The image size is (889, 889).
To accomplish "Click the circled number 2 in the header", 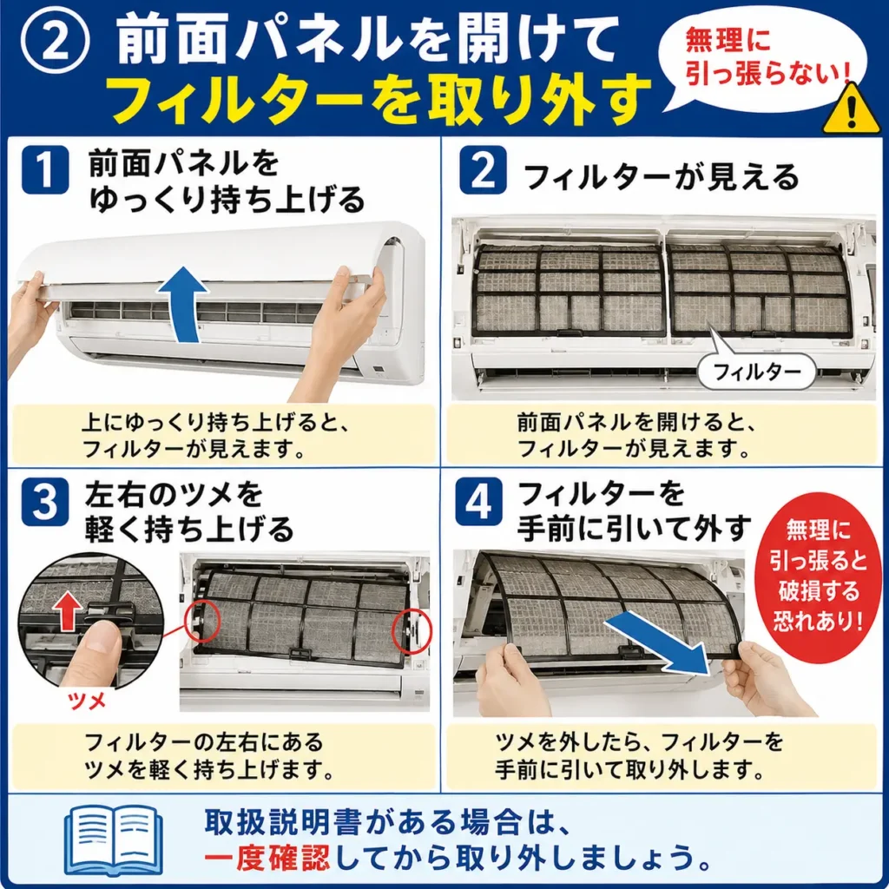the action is (55, 42).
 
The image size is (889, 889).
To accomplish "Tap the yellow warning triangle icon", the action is (851, 109).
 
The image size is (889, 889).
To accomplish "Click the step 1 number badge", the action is (44, 169).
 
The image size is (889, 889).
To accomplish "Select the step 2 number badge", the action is (483, 169).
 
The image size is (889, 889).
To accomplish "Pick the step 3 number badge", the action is (44, 502).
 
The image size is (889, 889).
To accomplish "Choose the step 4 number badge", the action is (478, 502).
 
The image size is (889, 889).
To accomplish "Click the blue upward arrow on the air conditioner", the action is (182, 304).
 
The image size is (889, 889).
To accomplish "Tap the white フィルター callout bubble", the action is (756, 371).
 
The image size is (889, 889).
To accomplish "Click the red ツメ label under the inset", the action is (86, 701).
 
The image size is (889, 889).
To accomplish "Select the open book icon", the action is (114, 840).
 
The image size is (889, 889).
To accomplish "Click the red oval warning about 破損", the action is (818, 576).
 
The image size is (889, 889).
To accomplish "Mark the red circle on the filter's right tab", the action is (412, 630).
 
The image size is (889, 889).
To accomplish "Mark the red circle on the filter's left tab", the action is (202, 622).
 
